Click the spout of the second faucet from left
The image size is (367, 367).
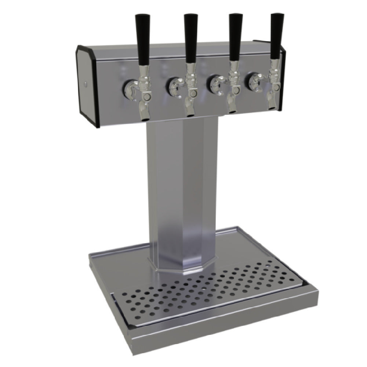coord(189,113)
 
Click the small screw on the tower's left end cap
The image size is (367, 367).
coord(86,84)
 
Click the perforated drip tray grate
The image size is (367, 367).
coord(206,294)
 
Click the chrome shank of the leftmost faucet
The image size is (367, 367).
coord(129,88)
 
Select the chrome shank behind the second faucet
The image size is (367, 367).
coord(173,85)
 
